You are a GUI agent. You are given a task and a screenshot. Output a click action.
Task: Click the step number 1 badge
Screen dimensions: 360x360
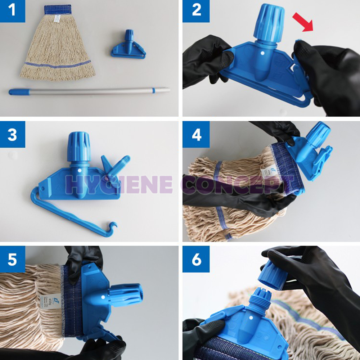click(x=13, y=11)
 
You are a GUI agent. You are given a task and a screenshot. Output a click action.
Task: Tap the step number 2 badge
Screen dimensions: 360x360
click(x=196, y=11)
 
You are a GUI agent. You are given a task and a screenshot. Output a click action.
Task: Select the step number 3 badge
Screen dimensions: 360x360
click(x=13, y=134)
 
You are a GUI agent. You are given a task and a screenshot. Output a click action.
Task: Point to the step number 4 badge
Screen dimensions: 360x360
click(x=196, y=134)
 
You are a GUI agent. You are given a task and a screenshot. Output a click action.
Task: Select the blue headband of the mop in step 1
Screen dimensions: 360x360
click(x=58, y=9)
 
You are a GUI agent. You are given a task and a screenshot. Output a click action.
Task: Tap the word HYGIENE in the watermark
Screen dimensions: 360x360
click(x=119, y=185)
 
